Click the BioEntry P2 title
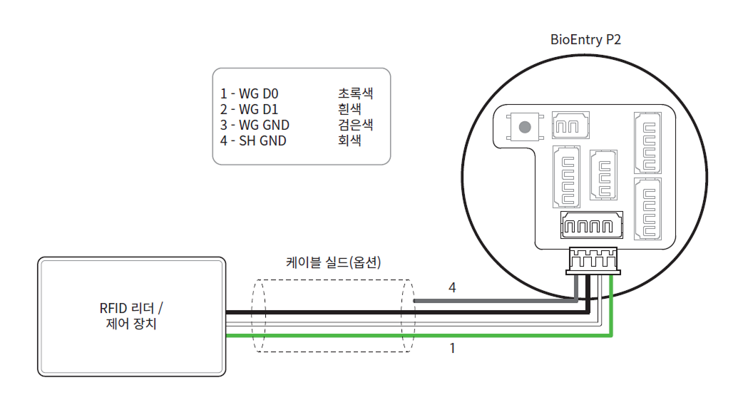click(585, 40)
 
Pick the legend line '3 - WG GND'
click(255, 125)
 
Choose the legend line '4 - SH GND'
click(254, 140)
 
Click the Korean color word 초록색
click(355, 93)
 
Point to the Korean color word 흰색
click(349, 109)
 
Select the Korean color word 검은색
click(355, 125)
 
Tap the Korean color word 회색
click(349, 140)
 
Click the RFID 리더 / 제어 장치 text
click(131, 316)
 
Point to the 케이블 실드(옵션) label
click(333, 262)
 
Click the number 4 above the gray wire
click(451, 287)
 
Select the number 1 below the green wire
click(451, 349)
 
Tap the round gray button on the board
click(526, 128)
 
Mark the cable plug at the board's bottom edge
click(593, 261)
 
